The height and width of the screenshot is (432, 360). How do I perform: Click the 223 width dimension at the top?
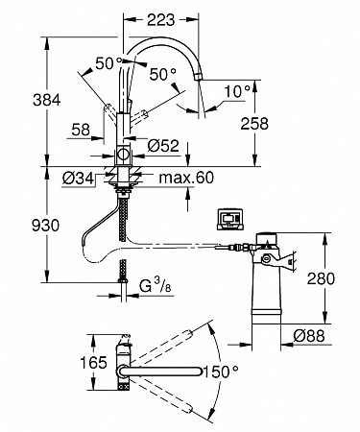point(160,20)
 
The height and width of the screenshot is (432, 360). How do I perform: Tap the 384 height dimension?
point(47,100)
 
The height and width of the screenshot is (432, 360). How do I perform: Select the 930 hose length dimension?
point(45,226)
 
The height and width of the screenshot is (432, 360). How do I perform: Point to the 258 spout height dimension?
point(254,124)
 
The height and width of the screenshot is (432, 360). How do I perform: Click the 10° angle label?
point(237,92)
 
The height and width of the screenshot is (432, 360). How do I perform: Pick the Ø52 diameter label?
point(163,146)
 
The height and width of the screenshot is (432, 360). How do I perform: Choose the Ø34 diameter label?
point(79,178)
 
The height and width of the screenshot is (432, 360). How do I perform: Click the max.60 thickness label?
point(186,178)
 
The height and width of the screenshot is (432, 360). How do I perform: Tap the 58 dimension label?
point(81,130)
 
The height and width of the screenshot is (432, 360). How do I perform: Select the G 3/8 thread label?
point(156,285)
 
